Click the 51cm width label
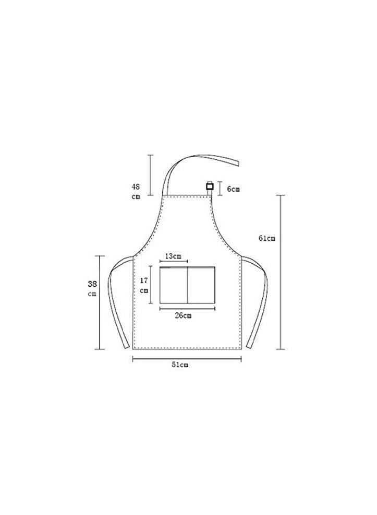coord(180,365)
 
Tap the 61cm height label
coord(266,239)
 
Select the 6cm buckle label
coord(233,189)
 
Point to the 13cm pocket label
coord(173,256)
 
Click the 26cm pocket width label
coord(183,315)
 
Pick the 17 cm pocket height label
coord(144,285)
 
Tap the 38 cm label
coord(92,288)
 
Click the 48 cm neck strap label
coord(136,192)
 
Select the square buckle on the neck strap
coord(210,186)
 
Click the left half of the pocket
coord(174,285)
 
